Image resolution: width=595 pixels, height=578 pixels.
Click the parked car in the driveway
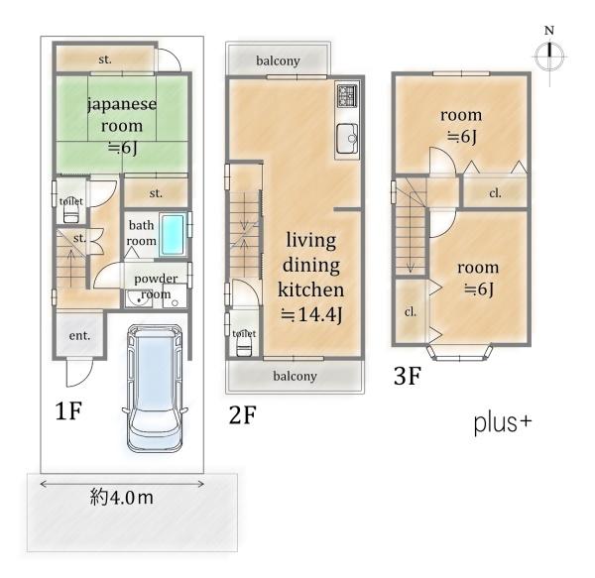click(155, 388)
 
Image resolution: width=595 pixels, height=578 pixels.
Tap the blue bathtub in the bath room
click(173, 235)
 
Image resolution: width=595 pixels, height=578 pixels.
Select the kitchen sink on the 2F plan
click(346, 139)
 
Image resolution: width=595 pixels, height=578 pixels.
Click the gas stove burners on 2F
click(347, 95)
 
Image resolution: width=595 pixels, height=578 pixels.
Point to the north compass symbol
click(549, 57)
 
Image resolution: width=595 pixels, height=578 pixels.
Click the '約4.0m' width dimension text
click(122, 498)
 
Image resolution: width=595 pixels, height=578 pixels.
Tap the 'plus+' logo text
click(503, 423)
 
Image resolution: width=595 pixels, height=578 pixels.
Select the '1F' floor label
click(68, 410)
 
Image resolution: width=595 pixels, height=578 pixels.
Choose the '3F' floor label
click(408, 376)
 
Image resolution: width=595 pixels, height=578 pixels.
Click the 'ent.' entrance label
click(79, 336)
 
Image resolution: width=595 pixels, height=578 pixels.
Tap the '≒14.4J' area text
click(311, 314)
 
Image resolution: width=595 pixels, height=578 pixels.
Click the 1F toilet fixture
click(71, 215)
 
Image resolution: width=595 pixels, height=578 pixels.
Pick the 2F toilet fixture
click(244, 347)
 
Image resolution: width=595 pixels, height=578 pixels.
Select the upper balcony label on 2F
click(278, 60)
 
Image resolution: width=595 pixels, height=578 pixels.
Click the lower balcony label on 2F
click(295, 376)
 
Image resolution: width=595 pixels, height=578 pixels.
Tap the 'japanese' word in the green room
click(122, 104)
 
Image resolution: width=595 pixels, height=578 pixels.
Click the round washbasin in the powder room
click(139, 299)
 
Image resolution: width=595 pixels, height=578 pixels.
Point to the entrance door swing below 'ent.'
click(79, 373)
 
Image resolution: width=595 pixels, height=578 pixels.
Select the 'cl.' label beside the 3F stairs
click(411, 312)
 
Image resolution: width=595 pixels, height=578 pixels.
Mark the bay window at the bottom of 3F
click(459, 352)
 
